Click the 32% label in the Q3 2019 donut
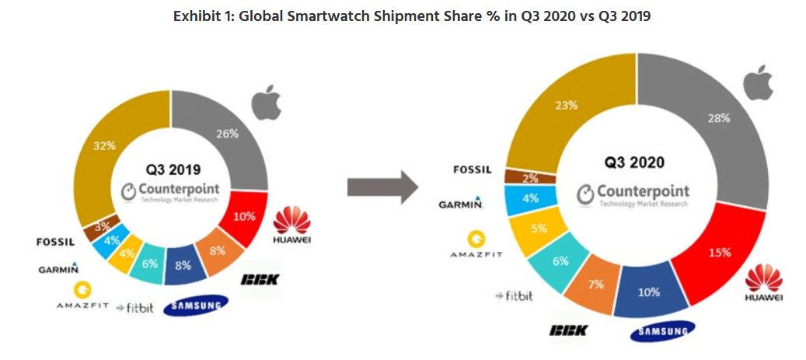(105, 145)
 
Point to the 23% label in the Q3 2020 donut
(567, 105)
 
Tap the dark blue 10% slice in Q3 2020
(649, 293)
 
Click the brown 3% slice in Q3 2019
(102, 226)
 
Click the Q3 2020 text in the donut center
(636, 163)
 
